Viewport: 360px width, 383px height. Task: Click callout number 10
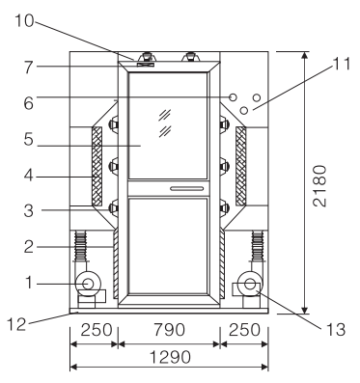24,21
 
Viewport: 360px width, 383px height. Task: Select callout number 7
29,68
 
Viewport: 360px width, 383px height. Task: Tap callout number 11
342,64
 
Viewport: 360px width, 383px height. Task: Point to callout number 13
336,330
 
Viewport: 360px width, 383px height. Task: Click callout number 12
16,324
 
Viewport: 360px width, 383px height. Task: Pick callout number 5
29,141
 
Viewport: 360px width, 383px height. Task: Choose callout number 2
29,247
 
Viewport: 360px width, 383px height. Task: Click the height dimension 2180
319,186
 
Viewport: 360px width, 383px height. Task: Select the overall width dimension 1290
171,357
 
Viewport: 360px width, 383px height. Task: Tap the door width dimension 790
169,330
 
